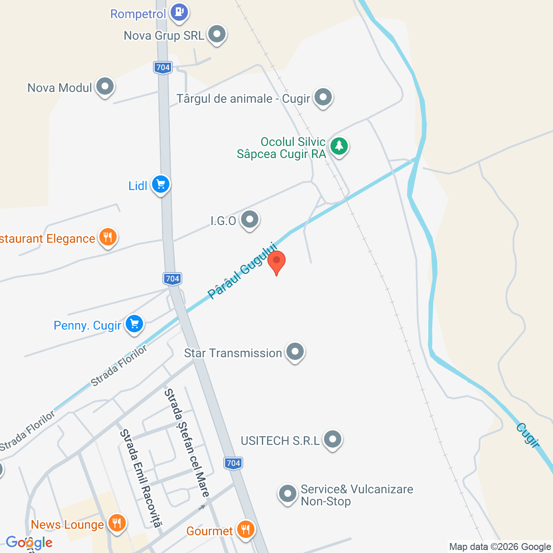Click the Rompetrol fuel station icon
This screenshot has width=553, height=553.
coord(179,12)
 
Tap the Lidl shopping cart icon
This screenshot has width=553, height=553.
coord(161,185)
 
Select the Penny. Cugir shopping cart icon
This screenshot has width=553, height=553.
coord(134,324)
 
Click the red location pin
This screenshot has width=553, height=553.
coord(276,261)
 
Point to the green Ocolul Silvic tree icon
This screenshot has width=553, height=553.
coord(339,146)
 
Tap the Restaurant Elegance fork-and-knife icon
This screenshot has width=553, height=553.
coord(108,237)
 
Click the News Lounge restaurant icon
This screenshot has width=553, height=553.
coord(116,523)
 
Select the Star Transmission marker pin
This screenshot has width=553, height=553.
coord(295,352)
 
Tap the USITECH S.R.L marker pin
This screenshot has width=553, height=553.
coord(333,439)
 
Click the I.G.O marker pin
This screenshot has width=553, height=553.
coord(249,219)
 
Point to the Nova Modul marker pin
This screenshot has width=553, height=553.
coord(105,86)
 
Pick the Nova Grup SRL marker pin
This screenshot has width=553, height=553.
coord(217,34)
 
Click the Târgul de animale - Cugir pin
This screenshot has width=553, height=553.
coord(323,97)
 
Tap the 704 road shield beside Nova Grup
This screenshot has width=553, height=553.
coord(163,67)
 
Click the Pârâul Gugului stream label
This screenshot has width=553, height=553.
coord(242,270)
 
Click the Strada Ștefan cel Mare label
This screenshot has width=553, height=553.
coord(187,443)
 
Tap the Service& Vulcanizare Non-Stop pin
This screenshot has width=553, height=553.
coord(287,494)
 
